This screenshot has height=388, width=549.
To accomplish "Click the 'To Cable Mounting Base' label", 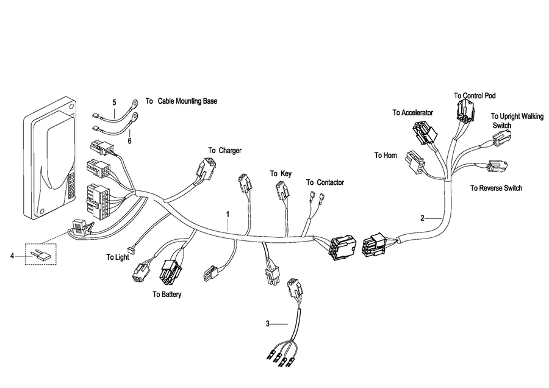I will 181,101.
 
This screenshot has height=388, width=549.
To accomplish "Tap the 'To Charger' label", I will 224,150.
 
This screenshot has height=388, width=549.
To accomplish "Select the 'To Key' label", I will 281,174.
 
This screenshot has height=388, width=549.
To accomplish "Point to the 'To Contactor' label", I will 325,182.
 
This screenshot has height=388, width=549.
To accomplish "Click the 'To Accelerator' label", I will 412,113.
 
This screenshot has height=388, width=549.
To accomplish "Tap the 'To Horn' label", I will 386,156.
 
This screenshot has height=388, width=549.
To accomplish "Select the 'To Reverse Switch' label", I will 496,189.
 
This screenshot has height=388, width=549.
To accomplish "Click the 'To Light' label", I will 118,257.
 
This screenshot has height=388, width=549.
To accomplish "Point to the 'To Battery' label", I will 167,294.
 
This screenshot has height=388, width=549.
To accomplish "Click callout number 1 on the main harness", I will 228,215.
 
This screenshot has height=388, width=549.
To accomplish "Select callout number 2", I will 422,218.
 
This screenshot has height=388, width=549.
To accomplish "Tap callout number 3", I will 267,323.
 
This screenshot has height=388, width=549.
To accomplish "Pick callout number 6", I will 129,140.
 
